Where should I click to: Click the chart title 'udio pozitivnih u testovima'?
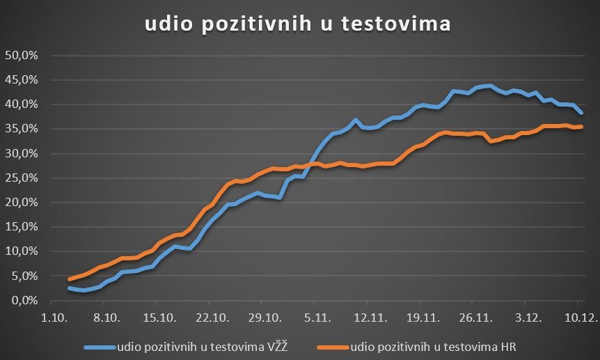(298, 23)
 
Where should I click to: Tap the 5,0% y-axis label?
(23, 276)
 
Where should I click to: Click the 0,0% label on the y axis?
(23, 300)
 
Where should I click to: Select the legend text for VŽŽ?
(202, 346)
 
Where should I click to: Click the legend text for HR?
(434, 346)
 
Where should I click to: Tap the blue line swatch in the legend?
(99, 346)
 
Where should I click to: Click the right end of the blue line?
(582, 113)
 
